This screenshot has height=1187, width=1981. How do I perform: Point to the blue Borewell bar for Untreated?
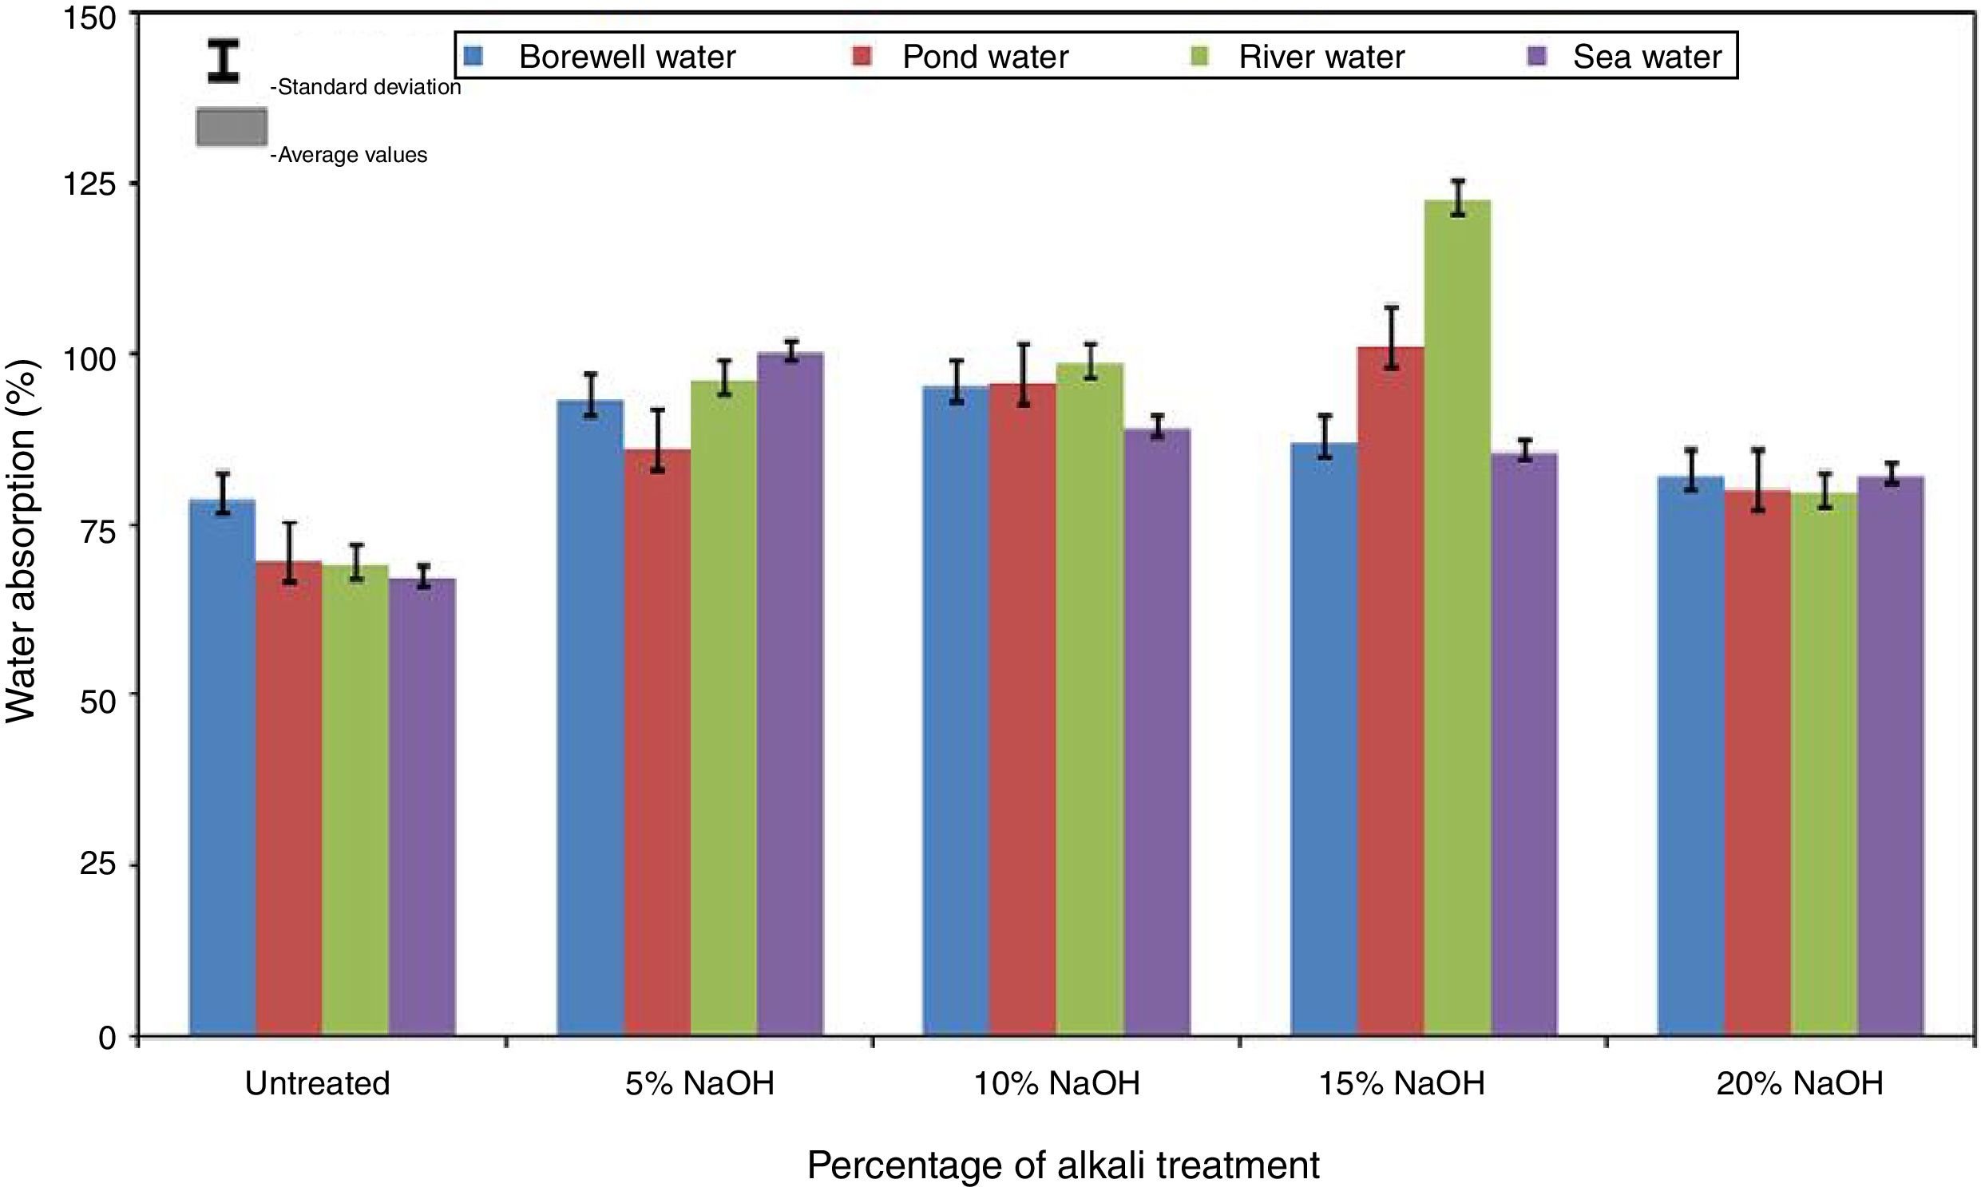(223, 768)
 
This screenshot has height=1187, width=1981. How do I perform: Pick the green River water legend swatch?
(1200, 56)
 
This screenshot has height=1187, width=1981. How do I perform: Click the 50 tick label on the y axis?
(97, 695)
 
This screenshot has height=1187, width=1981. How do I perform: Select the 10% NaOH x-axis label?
(1056, 1084)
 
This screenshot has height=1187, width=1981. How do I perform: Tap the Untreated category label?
(318, 1084)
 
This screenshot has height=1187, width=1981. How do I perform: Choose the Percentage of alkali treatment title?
(1063, 1165)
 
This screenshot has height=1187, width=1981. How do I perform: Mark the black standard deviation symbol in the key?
(224, 61)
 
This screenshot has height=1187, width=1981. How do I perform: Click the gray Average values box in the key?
(232, 127)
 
